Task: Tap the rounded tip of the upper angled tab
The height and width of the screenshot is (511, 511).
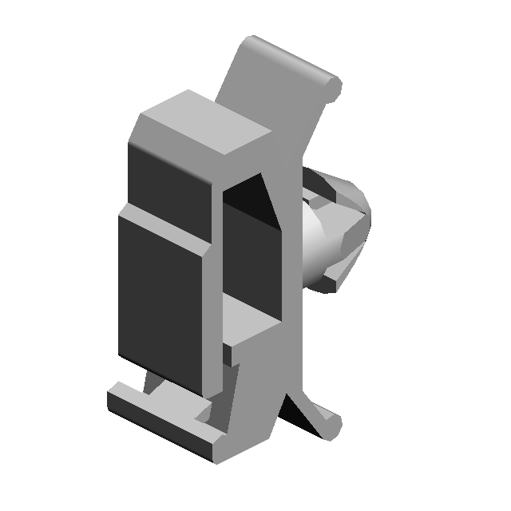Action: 333,84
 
